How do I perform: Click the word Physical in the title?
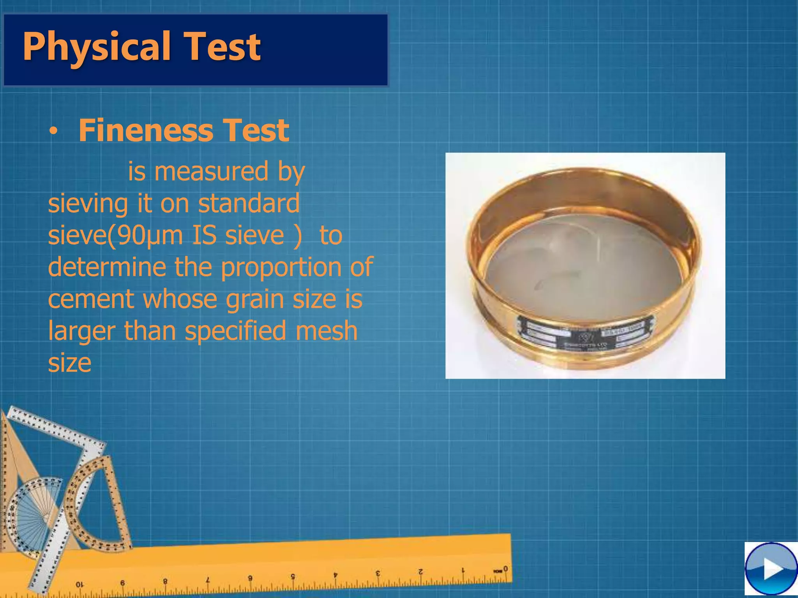(97, 47)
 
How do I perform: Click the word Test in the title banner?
(222, 47)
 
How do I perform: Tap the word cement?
(90, 299)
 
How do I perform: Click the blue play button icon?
(771, 569)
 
